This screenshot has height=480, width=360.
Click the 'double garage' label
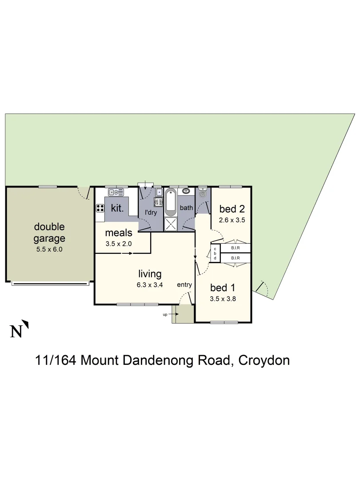49,232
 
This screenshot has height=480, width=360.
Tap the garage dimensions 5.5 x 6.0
49,249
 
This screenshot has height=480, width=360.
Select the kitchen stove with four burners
100,208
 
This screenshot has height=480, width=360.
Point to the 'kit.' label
117,208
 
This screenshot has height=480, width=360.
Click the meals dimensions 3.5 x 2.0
119,244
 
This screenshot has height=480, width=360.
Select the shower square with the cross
171,223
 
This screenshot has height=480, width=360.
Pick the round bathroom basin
185,192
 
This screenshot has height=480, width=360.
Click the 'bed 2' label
231,208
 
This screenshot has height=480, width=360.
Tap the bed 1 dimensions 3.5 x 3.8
222,299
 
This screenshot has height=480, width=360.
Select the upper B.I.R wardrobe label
236,248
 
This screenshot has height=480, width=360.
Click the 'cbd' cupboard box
215,253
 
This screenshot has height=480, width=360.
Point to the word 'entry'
184,284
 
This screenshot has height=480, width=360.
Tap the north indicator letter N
16,332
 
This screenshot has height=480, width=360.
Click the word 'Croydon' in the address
264,360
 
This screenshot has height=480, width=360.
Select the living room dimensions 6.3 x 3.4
149,285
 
